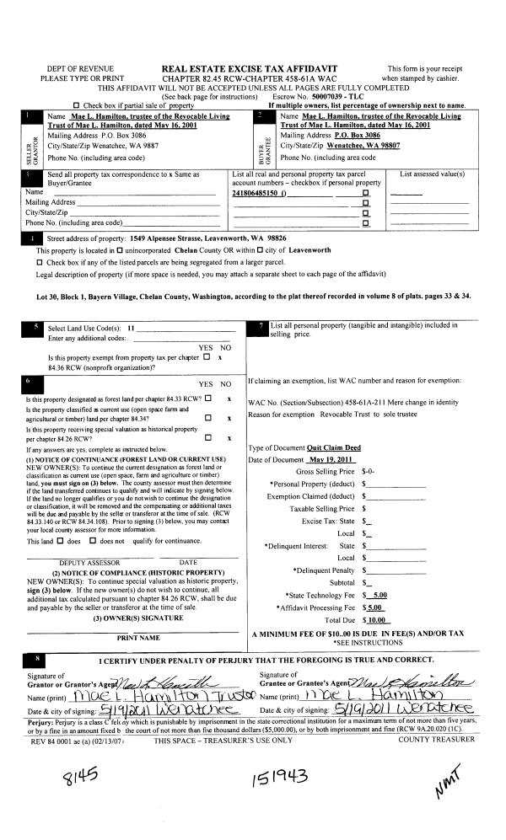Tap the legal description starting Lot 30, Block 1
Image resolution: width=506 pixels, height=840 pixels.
(x=253, y=297)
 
